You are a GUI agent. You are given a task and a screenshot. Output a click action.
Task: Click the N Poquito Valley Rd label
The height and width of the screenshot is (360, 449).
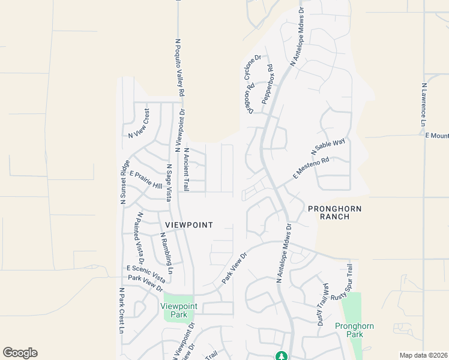(178, 67)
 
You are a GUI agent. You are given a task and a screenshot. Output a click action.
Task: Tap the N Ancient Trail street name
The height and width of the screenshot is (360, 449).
(187, 169)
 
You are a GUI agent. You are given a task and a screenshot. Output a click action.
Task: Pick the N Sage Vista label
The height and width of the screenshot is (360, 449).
(170, 183)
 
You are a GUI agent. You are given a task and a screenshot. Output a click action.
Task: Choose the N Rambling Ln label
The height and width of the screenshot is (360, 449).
(166, 254)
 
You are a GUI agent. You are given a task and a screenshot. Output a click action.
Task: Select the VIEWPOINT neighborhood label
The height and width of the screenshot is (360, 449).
(189, 224)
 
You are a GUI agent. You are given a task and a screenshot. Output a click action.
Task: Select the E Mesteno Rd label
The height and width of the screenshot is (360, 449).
(312, 168)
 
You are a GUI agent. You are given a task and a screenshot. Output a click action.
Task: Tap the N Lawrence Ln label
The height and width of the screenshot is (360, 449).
(424, 104)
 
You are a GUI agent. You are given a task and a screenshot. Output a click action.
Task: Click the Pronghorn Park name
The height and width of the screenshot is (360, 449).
(354, 330)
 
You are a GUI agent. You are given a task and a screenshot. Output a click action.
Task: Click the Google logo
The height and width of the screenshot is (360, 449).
(20, 353)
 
